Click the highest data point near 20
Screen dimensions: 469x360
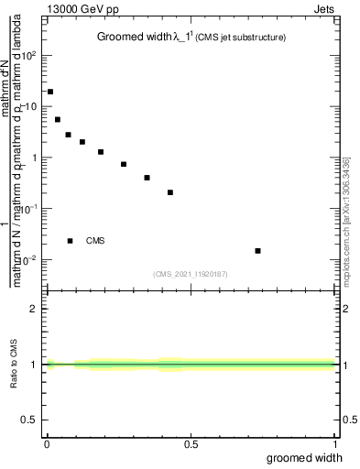[50, 92]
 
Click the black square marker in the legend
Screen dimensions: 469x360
[71, 241]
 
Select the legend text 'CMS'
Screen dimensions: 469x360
[95, 241]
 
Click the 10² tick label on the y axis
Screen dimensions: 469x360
[30, 55]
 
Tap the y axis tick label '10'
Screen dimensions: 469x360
[30, 106]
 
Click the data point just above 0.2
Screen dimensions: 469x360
[170, 192]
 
